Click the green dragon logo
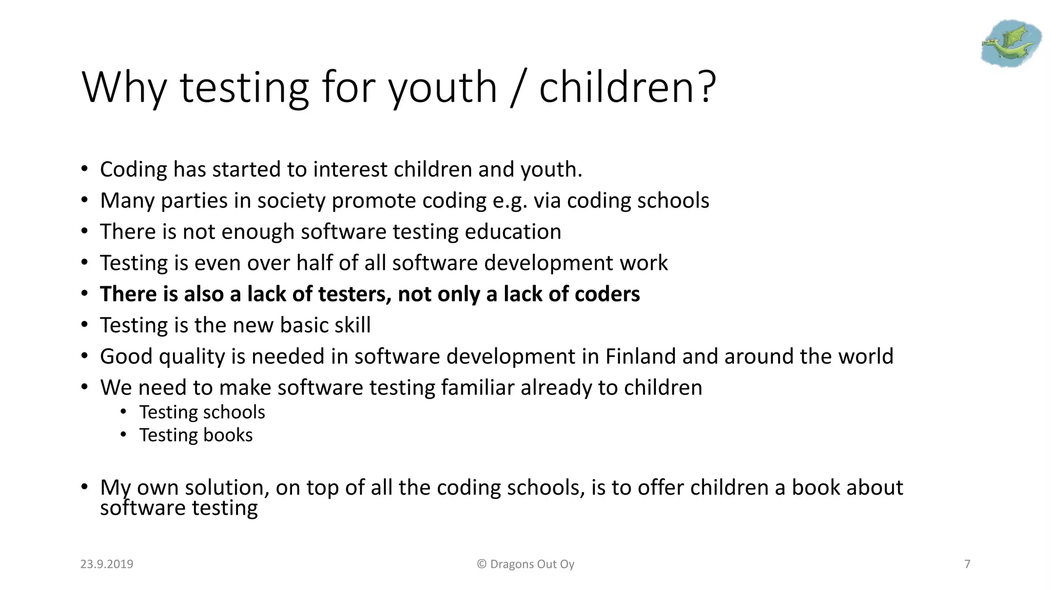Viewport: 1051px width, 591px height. [1010, 44]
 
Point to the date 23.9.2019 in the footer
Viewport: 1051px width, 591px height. [107, 564]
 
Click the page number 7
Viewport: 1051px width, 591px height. [967, 564]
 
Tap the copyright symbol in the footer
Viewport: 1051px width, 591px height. [481, 564]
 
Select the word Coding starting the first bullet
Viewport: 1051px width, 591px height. [133, 170]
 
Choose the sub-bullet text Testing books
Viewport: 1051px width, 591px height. [196, 435]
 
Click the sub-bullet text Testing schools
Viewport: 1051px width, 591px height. [202, 412]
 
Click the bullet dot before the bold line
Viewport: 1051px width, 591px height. [85, 294]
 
